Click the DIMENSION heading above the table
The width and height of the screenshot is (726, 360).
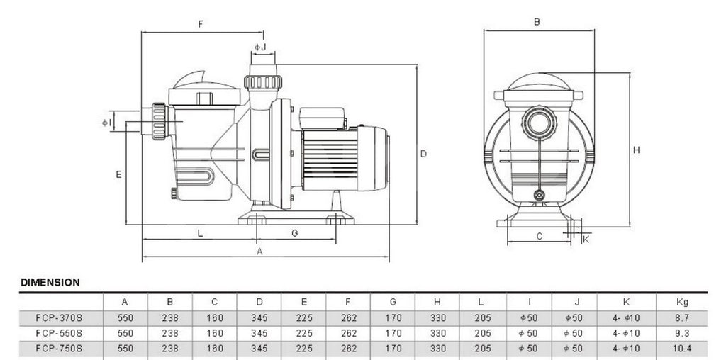(x=50, y=282)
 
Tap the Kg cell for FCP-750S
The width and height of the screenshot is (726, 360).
(x=683, y=349)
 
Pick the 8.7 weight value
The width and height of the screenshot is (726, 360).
(x=683, y=318)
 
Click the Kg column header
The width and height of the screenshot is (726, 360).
(x=683, y=302)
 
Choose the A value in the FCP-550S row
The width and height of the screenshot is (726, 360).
(x=125, y=333)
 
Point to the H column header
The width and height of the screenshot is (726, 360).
(x=437, y=302)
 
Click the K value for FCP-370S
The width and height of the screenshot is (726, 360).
(x=626, y=318)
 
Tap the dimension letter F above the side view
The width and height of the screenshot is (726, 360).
(x=201, y=24)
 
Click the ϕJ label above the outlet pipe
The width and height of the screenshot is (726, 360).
(x=260, y=47)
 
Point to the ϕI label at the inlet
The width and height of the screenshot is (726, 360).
(x=106, y=123)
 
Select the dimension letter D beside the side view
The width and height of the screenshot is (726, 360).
(x=423, y=154)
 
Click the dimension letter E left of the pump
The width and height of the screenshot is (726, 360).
(x=118, y=174)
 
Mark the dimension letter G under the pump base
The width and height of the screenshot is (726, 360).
(x=294, y=233)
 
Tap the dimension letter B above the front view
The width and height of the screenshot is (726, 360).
(x=537, y=22)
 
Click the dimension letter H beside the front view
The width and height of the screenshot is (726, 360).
(x=636, y=150)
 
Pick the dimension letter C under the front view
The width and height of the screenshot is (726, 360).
(x=540, y=237)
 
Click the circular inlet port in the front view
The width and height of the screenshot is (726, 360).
(x=539, y=123)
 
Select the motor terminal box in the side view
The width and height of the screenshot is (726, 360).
(x=323, y=118)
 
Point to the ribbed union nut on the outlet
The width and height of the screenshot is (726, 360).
(x=263, y=82)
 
